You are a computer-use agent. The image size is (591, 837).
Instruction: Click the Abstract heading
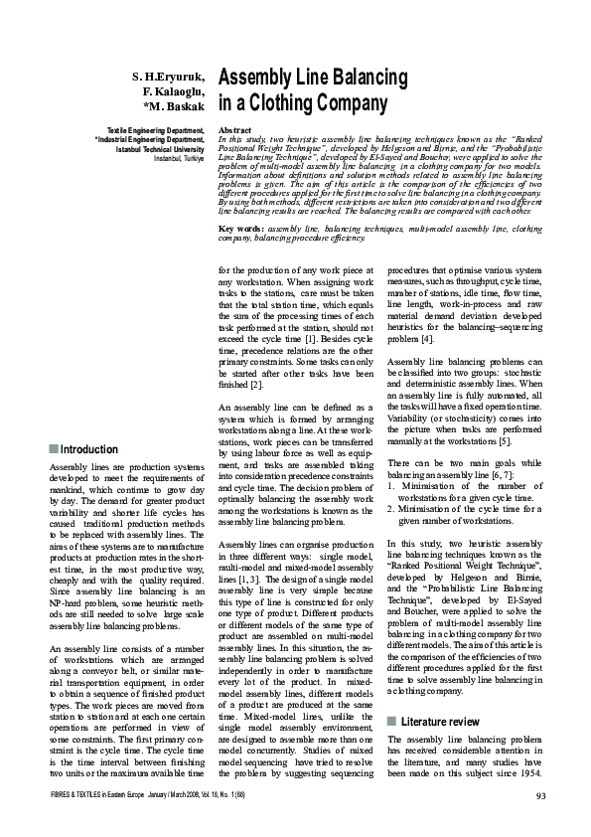click(234, 131)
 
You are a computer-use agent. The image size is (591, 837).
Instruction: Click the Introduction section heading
click(89, 449)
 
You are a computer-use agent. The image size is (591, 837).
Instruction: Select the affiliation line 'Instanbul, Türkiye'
click(178, 157)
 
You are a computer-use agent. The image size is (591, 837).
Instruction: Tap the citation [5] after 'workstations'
click(504, 440)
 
